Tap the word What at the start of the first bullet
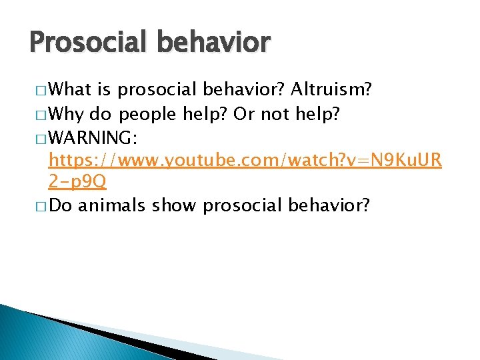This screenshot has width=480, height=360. click(70, 89)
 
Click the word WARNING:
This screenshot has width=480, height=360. click(93, 138)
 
